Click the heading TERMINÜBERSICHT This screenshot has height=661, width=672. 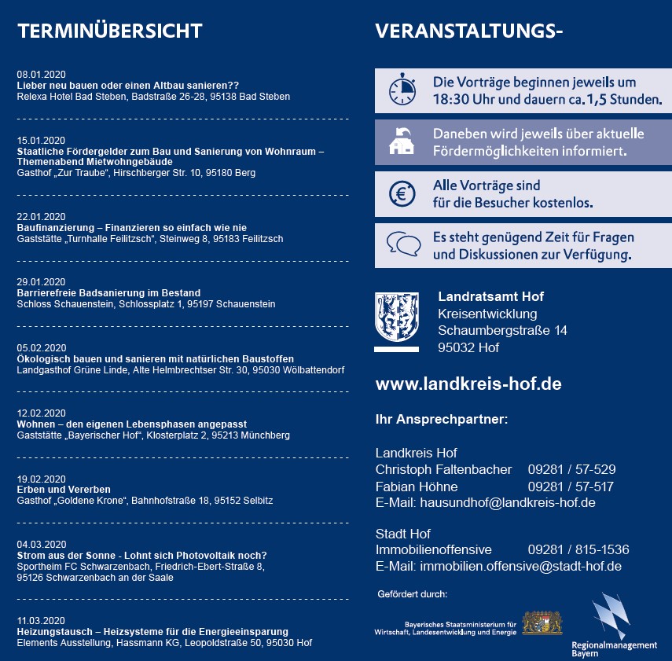[109, 31]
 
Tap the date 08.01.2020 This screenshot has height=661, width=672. [41, 74]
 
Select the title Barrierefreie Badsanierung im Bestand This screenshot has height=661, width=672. [108, 293]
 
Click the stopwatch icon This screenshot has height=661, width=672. [402, 90]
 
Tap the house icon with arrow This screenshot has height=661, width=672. [402, 141]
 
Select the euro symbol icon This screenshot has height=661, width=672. [402, 193]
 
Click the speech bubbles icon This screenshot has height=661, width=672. [403, 245]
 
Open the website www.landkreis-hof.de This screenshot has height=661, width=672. [468, 384]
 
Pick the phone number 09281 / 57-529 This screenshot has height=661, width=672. [571, 470]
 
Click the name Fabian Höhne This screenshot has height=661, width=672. [417, 487]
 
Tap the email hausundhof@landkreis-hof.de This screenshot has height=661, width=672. [508, 503]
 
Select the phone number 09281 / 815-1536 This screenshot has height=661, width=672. [578, 550]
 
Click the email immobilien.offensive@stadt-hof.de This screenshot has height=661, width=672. [521, 567]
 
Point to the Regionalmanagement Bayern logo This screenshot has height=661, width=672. [614, 625]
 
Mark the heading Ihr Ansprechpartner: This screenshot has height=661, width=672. [442, 419]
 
